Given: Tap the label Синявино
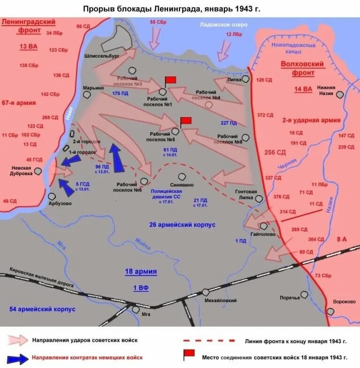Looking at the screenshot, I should pyautogui.click(x=182, y=184).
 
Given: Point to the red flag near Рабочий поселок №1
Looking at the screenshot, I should pyautogui.click(x=170, y=80).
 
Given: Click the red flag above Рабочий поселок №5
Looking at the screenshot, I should pyautogui.click(x=186, y=121).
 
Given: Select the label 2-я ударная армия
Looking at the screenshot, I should pyautogui.click(x=311, y=120).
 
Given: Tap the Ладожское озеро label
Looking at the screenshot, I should pyautogui.click(x=217, y=24).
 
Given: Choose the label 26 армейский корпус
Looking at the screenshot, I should pyautogui.click(x=182, y=225).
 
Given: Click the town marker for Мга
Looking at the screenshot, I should pyautogui.click(x=136, y=309).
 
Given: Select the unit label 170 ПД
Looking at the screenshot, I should pyautogui.click(x=120, y=94).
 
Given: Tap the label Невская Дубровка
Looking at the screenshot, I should pyautogui.click(x=22, y=170).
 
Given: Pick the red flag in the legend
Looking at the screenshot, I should pyautogui.click(x=188, y=354).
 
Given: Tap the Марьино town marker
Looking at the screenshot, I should pyautogui.click(x=87, y=94).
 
